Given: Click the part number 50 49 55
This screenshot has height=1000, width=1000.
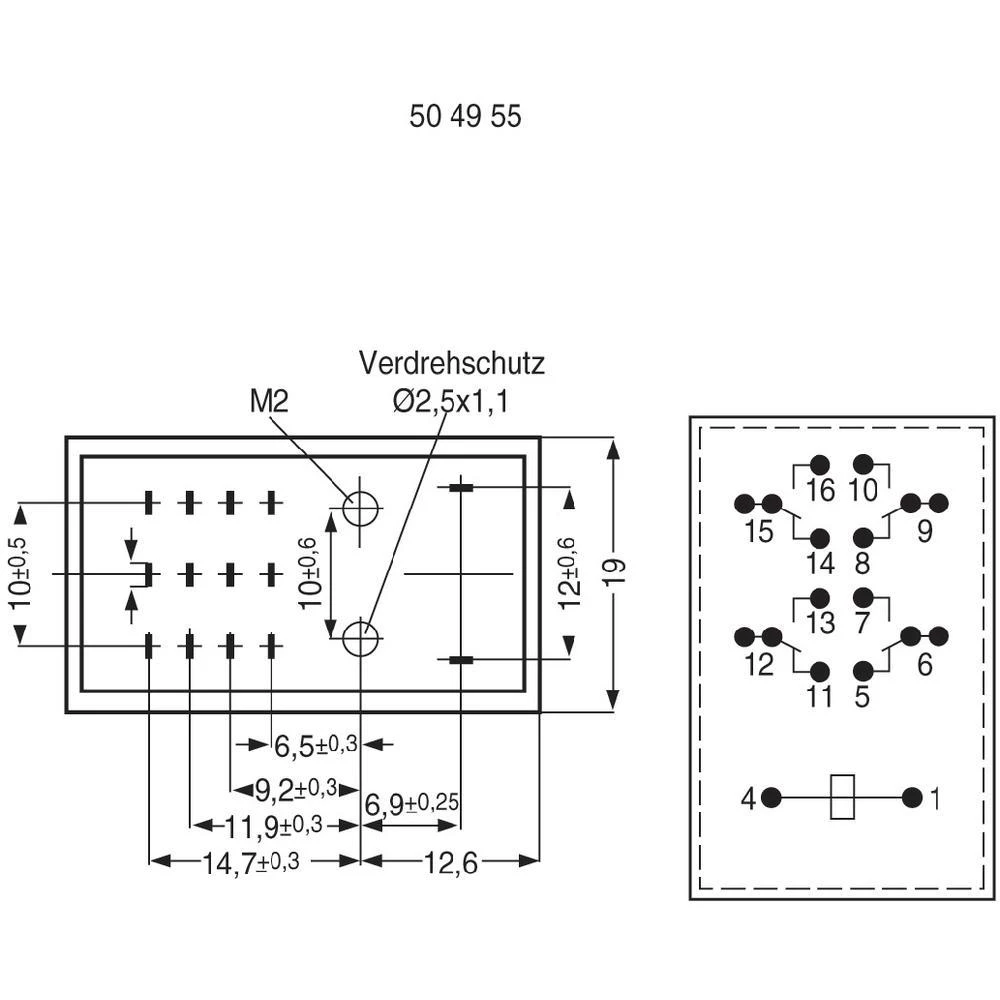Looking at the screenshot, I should tap(465, 116).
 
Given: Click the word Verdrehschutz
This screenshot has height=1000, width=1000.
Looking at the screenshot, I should tap(452, 362).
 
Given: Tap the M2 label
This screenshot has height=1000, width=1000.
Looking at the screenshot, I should tap(269, 402).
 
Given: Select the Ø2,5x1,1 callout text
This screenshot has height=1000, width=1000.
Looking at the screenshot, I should tap(451, 402).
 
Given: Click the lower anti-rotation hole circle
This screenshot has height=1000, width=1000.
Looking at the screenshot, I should tap(359, 637).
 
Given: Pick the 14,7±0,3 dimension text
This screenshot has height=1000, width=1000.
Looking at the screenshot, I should tap(250, 863).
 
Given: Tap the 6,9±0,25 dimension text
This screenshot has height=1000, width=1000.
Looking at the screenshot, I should tap(410, 803).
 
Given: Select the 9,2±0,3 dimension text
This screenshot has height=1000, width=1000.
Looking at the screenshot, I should tap(294, 790).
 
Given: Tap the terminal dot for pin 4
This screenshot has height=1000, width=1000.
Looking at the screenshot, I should tap(771, 798).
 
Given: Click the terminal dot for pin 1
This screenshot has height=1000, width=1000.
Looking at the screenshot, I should tap(912, 798).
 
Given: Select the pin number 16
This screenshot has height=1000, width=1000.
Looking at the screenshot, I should tap(819, 491).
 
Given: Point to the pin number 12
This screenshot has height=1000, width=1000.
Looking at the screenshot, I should tap(759, 664).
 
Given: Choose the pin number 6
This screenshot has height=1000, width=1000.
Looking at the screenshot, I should tap(924, 664).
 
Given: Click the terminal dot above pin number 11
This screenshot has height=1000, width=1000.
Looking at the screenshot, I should tap(820, 671).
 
